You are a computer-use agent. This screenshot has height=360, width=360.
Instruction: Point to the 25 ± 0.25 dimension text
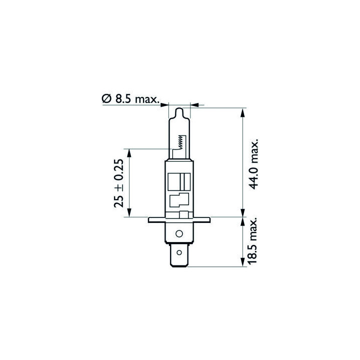pyautogui.click(x=118, y=183)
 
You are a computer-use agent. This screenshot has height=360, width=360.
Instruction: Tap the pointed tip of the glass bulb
pyautogui.click(x=179, y=109)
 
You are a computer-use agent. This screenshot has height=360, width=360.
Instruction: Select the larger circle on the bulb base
pyautogui.click(x=179, y=233)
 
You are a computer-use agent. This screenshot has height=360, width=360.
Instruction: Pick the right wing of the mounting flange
pyautogui.click(x=202, y=220)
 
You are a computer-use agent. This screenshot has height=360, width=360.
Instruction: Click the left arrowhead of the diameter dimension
pyautogui.click(x=165, y=105)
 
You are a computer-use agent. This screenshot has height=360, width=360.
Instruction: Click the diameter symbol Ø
pyautogui.click(x=106, y=99)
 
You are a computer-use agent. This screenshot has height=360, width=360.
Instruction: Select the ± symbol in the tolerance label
pyautogui.click(x=118, y=186)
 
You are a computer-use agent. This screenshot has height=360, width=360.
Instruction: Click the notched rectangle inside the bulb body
pyautogui.click(x=178, y=200)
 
